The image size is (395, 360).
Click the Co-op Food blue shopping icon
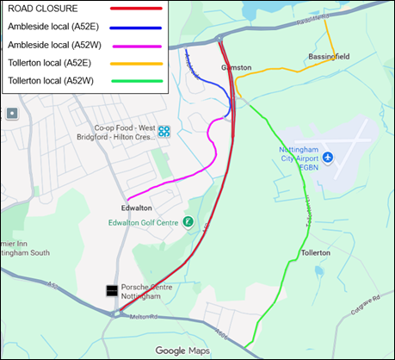coord(164,131)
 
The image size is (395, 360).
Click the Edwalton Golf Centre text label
coord(147,223)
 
